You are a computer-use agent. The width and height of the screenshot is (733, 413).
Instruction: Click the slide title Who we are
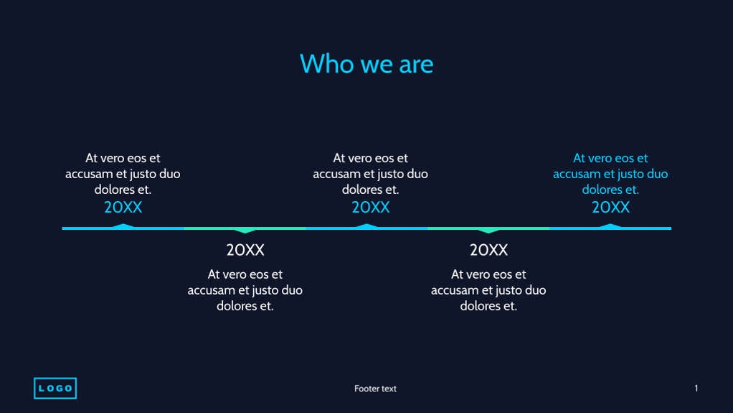coord(366,64)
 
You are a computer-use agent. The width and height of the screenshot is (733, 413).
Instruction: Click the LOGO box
coord(55,389)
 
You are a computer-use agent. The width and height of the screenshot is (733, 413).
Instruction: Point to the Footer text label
coord(375,389)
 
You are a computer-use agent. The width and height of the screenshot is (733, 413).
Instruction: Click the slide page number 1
coord(696,389)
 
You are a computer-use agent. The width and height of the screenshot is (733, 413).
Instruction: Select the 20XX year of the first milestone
coord(123,208)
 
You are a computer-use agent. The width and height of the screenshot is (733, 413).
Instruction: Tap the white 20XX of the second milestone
coord(245,250)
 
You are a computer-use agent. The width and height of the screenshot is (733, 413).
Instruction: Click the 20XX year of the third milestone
coord(370,208)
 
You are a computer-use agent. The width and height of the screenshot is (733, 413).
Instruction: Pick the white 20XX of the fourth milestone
coord(488,250)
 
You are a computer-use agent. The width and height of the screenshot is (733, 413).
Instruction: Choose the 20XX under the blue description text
coord(610,208)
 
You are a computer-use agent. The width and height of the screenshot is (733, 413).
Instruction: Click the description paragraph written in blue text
coord(610,174)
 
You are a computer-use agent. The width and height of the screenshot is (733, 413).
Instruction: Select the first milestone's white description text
coord(123,174)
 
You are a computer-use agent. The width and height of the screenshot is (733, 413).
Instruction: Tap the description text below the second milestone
coord(245,290)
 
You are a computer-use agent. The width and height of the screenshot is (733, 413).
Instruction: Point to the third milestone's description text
coord(370,174)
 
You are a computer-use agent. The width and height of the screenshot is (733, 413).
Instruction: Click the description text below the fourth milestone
coord(488,290)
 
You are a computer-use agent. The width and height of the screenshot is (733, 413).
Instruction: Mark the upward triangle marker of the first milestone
coord(123,226)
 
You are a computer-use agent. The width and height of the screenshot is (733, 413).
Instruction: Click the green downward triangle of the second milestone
coord(245,231)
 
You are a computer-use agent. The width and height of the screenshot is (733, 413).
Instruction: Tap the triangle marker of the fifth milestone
coord(610,226)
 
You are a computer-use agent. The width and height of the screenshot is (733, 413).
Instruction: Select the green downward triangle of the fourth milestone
coord(488,231)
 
